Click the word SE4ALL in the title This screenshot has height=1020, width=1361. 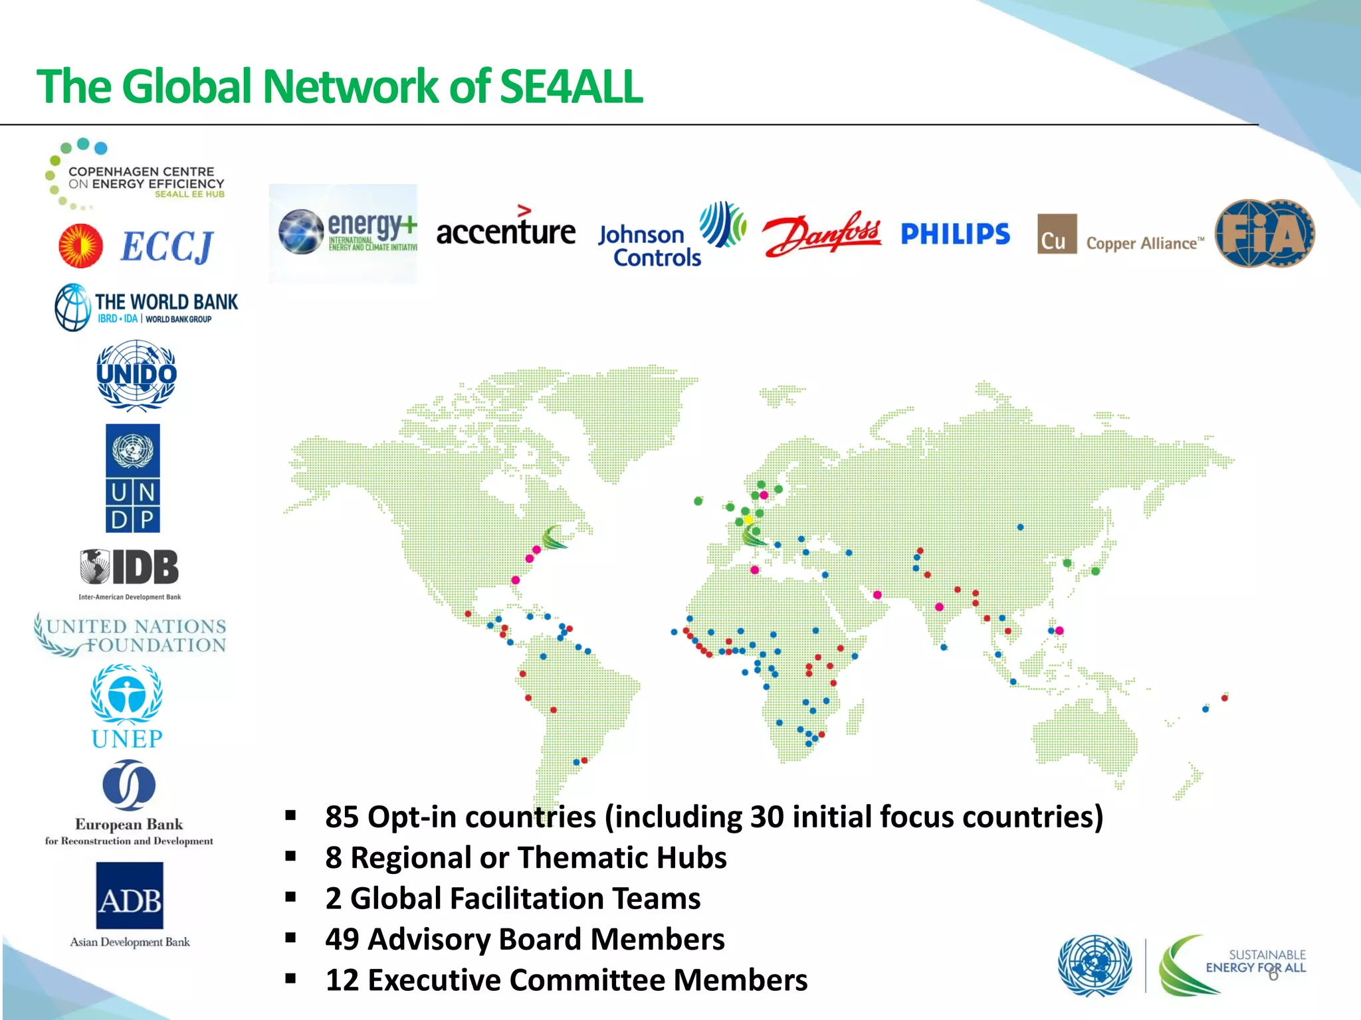[x=571, y=87]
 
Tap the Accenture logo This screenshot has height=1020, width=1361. [x=506, y=230]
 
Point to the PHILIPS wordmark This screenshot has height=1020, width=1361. [x=955, y=234]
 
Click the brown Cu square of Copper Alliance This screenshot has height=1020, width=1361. [x=1057, y=234]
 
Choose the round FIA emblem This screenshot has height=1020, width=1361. [x=1265, y=234]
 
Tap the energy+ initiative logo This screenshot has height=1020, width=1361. [x=344, y=233]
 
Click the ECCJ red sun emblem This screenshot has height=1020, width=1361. [x=81, y=246]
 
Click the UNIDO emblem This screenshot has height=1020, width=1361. [x=136, y=375]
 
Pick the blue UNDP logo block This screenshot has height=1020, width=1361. [x=133, y=478]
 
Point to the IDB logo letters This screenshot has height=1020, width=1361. [x=146, y=567]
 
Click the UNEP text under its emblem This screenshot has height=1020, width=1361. [x=127, y=738]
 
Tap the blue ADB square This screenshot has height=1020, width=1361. [x=130, y=895]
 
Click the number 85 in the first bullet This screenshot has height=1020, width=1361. [x=342, y=817]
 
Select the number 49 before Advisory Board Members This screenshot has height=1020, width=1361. [x=342, y=940]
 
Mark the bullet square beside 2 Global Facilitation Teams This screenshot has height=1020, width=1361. [x=290, y=898]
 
